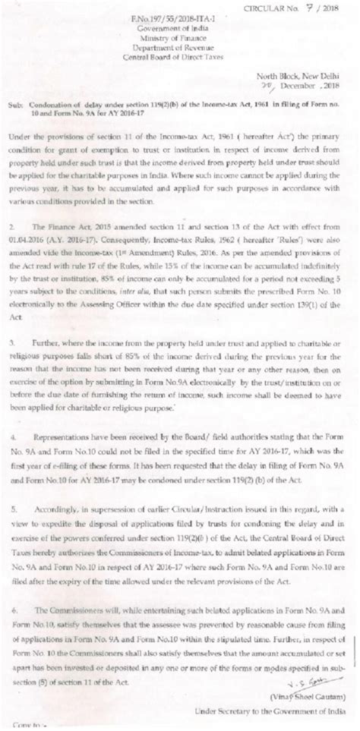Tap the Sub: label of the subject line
22,107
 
